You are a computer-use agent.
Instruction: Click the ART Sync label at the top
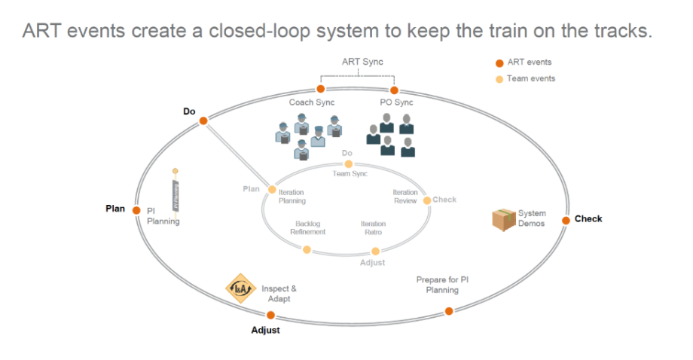pyautogui.click(x=362, y=62)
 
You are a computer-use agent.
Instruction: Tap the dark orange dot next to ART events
pyautogui.click(x=499, y=63)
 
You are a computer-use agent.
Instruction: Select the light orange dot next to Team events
pyautogui.click(x=499, y=79)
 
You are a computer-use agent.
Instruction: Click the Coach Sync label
pyautogui.click(x=311, y=102)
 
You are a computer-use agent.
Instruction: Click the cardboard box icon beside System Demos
pyautogui.click(x=503, y=219)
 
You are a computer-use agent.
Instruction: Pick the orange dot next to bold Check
pyautogui.click(x=565, y=220)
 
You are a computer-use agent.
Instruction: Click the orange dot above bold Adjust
pyautogui.click(x=270, y=316)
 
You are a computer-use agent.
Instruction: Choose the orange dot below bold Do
pyautogui.click(x=203, y=121)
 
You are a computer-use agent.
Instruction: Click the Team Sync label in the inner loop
pyautogui.click(x=350, y=174)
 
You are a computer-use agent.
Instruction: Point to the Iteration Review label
pyautogui.click(x=405, y=197)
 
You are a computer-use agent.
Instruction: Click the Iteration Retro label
pyautogui.click(x=373, y=228)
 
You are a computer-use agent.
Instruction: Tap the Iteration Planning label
pyautogui.click(x=292, y=197)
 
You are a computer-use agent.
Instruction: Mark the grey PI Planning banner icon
pyautogui.click(x=176, y=195)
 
